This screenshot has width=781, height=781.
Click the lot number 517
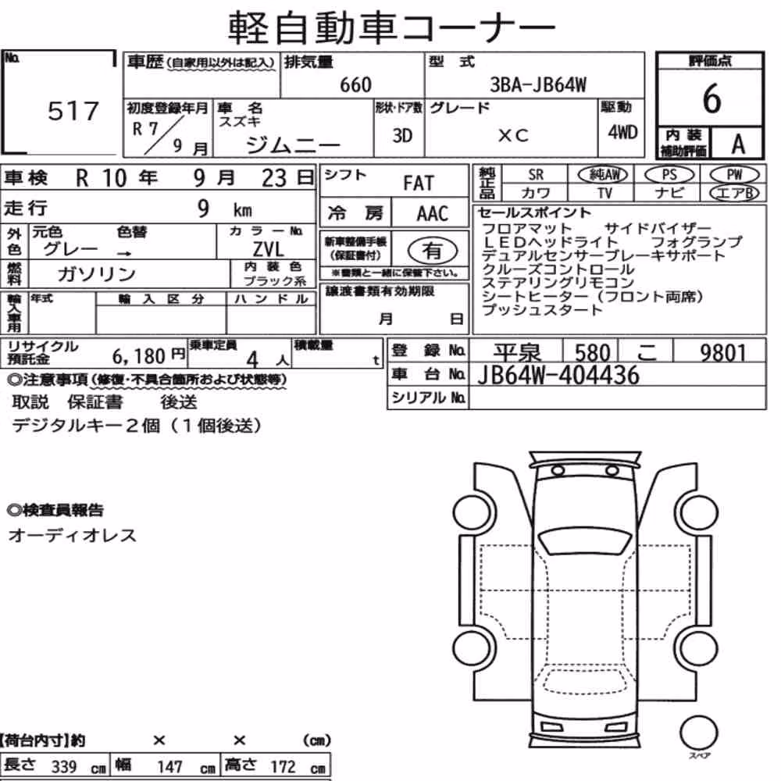click(x=73, y=111)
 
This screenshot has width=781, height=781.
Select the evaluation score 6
click(x=711, y=98)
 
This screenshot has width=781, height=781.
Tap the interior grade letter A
click(x=738, y=144)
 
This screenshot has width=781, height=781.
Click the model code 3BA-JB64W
click(x=538, y=84)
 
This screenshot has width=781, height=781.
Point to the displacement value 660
click(x=355, y=84)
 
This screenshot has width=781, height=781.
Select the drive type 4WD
click(x=622, y=132)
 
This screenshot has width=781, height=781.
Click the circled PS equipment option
click(x=669, y=175)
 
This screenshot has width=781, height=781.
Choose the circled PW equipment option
click(x=734, y=175)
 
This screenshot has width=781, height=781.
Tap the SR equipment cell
click(x=536, y=175)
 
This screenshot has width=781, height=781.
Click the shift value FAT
click(x=419, y=184)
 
